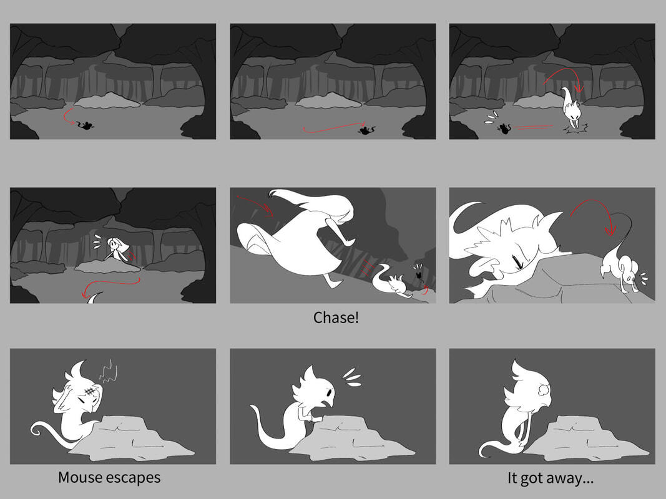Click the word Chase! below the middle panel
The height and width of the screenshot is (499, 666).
click(x=336, y=317)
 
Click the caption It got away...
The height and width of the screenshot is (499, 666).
click(x=551, y=478)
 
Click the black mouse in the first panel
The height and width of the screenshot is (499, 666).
click(x=86, y=125)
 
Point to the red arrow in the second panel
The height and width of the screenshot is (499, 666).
click(x=334, y=127)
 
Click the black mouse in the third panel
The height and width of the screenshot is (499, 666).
click(x=504, y=128)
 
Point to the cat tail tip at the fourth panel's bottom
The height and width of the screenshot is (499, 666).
click(x=94, y=297)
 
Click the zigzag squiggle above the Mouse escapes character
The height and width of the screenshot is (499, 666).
click(x=108, y=371)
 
